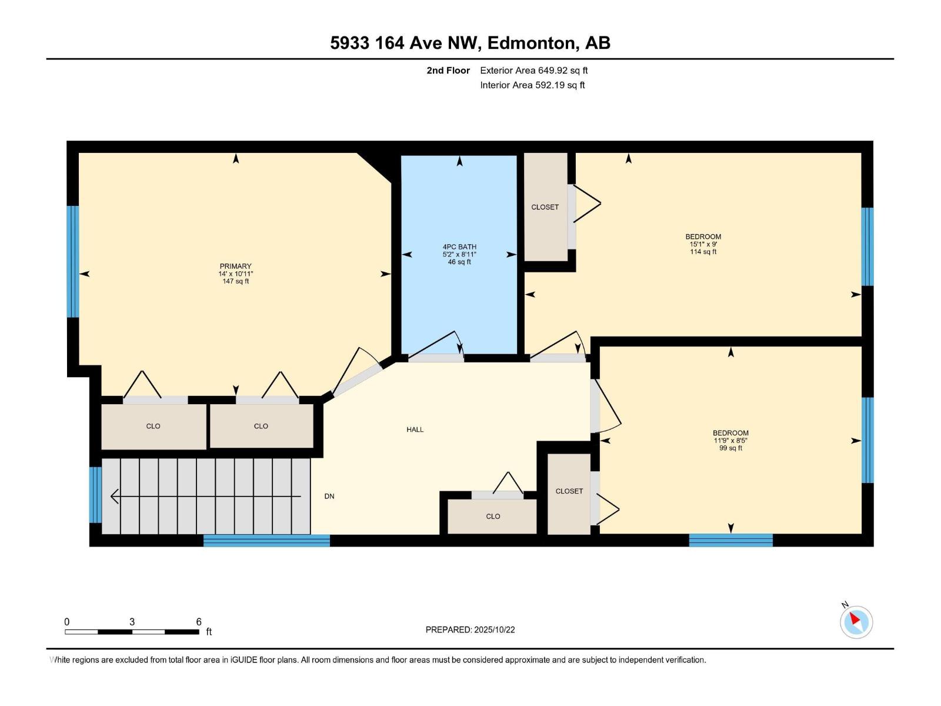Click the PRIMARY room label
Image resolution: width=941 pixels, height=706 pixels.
tap(235, 266)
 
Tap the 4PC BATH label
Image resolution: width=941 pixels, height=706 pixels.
tap(459, 247)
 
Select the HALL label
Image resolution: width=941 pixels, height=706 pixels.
tap(415, 429)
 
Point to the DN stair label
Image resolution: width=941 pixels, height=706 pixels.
tap(329, 497)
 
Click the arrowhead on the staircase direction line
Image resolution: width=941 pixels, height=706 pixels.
tap(115, 497)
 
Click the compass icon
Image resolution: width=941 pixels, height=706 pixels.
tap(856, 622)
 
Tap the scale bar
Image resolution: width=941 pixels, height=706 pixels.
tap(132, 632)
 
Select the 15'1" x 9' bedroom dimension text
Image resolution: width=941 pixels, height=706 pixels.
tap(703, 244)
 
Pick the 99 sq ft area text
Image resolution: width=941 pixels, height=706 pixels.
tap(730, 448)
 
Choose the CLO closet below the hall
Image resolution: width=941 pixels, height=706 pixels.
tap(492, 516)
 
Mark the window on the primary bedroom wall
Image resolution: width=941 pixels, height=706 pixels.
tap(74, 261)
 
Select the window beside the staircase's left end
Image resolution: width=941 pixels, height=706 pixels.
tap(95, 495)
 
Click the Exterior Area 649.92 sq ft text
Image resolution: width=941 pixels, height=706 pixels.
tap(534, 70)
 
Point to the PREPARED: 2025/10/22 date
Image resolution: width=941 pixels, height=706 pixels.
tap(470, 630)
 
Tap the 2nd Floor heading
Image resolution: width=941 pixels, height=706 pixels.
tap(448, 70)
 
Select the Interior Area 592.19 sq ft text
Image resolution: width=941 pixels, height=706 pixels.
tap(532, 85)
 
